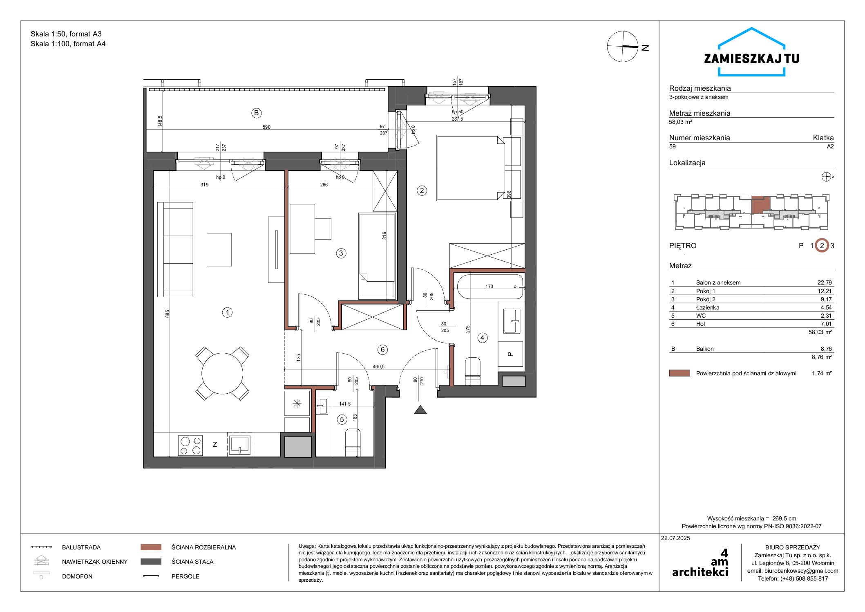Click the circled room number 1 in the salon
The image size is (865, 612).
[227, 313]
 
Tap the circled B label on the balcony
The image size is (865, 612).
[256, 113]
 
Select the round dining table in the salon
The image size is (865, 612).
[222, 374]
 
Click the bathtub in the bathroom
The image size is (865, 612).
[489, 287]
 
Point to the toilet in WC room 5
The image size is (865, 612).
[353, 442]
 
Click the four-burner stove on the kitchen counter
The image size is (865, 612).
[190, 446]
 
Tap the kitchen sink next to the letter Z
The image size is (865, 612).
[239, 445]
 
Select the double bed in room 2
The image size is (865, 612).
[471, 168]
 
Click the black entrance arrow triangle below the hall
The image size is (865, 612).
[420, 410]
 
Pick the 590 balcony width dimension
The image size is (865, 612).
[266, 127]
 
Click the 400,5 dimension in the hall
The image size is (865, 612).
[379, 367]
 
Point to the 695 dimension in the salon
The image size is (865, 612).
[168, 314]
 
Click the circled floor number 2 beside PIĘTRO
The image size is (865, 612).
[822, 246]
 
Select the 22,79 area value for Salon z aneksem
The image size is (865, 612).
[825, 282]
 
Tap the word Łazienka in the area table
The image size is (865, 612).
[708, 307]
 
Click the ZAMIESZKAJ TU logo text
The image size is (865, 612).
[751, 59]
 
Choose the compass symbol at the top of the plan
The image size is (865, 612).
[623, 47]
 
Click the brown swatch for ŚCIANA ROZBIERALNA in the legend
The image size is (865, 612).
[151, 547]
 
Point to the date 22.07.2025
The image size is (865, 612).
[675, 538]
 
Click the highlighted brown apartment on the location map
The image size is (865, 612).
[761, 205]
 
